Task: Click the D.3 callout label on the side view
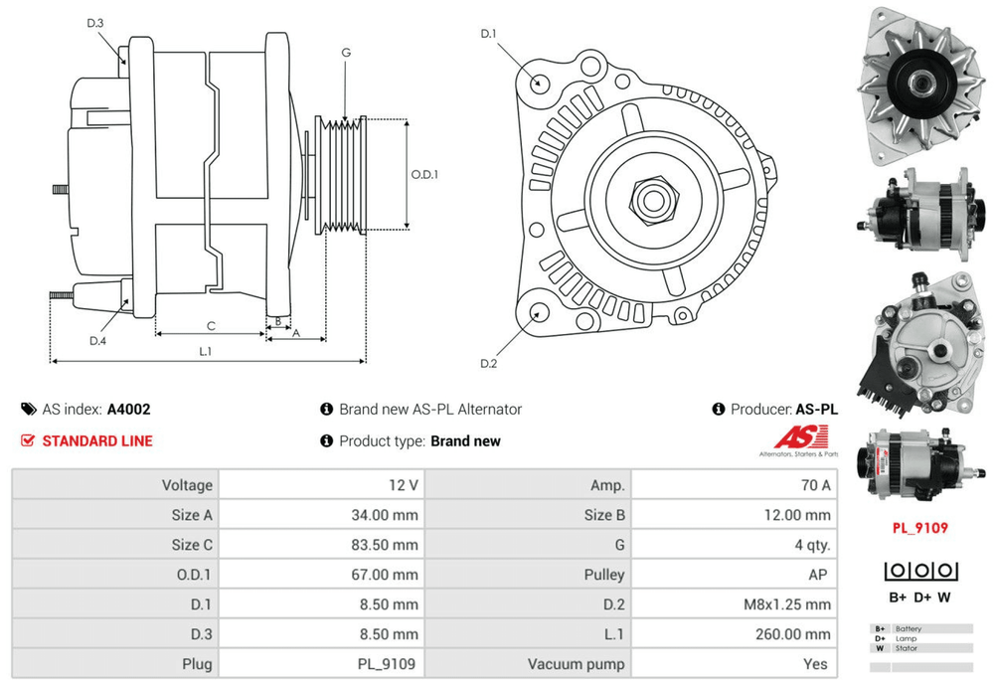click(95, 24)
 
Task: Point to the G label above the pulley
click(346, 53)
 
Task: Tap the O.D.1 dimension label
click(424, 174)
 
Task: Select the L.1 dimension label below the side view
click(206, 351)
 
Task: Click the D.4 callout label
click(97, 341)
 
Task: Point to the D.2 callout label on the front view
click(489, 364)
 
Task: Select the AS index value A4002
click(128, 410)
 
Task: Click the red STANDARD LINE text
click(97, 441)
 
